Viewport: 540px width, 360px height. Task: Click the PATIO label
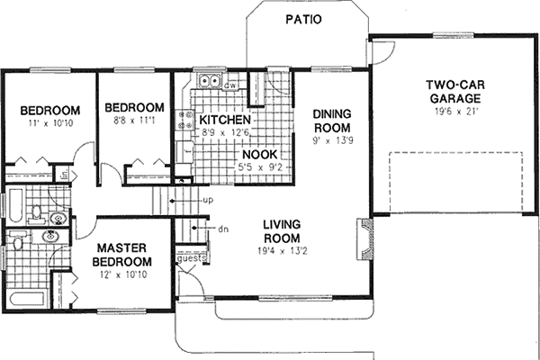coord(303,20)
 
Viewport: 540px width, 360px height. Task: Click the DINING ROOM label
coord(330,121)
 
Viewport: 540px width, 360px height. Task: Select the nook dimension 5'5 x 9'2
coord(258,166)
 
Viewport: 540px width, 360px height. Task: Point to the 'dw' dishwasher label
coord(230,85)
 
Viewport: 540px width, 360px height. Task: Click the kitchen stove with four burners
coord(186,121)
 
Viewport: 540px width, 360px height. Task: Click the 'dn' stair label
coord(223,229)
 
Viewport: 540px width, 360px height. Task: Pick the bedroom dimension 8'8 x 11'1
coord(132,121)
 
